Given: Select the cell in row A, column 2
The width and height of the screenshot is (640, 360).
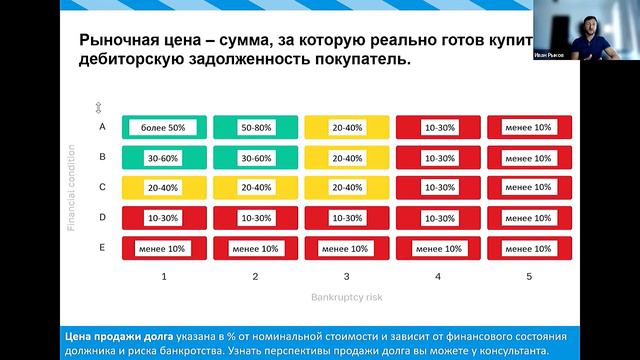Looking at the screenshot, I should click(x=256, y=128).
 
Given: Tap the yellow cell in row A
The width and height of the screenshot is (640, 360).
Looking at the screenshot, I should click(x=347, y=128).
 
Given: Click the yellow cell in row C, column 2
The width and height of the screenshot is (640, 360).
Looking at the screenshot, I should click(x=256, y=187).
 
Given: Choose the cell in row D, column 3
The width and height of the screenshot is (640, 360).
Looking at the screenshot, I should click(x=347, y=217).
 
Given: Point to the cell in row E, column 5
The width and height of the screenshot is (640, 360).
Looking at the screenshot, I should click(x=530, y=247).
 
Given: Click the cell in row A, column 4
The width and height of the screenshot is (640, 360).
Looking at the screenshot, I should click(x=439, y=128).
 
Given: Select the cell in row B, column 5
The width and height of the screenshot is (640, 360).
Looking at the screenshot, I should click(x=530, y=158).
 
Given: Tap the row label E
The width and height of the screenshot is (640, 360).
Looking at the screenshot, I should click(x=102, y=246).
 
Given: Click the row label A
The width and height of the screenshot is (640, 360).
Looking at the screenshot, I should click(x=102, y=127).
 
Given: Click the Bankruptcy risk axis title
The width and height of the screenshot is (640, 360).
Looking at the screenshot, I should click(x=347, y=297).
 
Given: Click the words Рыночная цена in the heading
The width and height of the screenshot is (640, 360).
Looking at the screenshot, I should click(x=139, y=41).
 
